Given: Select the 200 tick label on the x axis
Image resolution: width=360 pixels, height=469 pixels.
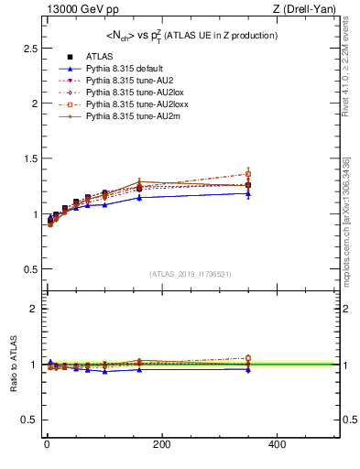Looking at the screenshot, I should pos(161,445).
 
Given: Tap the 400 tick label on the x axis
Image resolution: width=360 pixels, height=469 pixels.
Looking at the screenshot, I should pos(277,445).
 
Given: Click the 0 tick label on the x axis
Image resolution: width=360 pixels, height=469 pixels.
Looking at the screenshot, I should pos(47,445).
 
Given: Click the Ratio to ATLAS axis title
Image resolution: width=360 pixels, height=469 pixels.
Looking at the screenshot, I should pos(12,365).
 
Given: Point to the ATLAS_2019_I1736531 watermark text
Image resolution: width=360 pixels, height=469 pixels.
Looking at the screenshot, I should pos(190,274).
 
